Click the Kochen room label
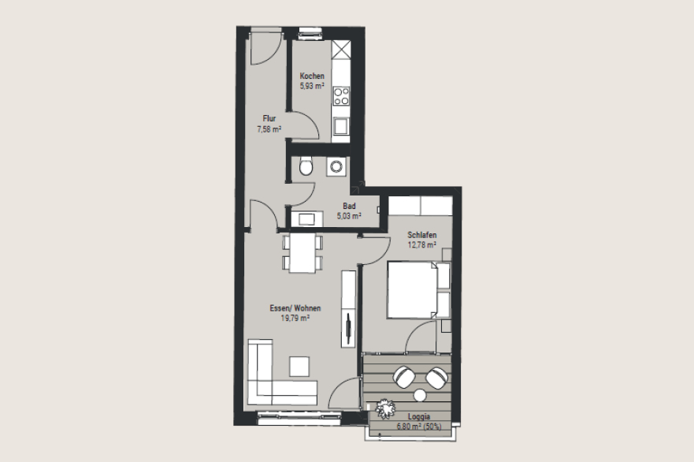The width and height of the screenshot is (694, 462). pos(312,76)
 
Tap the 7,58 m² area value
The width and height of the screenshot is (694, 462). pos(269,129)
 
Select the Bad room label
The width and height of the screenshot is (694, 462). pos(349,206)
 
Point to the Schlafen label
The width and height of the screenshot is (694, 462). pos(421,235)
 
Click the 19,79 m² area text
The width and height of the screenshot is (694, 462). pos(295,318)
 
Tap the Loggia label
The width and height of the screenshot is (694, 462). pos(419,416)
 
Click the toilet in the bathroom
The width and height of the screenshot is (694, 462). pos(306,166)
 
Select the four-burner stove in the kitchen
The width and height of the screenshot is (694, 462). pos(341,96)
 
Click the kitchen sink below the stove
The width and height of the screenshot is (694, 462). pos(341,126)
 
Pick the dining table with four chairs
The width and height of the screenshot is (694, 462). pos(302,253)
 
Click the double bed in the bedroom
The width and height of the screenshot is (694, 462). pos(419,289)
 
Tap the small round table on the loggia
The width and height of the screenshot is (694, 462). pos(420,395)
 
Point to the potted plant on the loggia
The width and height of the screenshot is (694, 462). pos(385,408)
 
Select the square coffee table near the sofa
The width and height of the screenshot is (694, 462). pos(299,367)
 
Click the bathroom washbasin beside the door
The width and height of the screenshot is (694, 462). pos(306,219)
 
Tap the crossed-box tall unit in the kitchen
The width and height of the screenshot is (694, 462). pos(341,50)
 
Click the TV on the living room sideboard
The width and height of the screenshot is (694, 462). pos(349,327)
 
